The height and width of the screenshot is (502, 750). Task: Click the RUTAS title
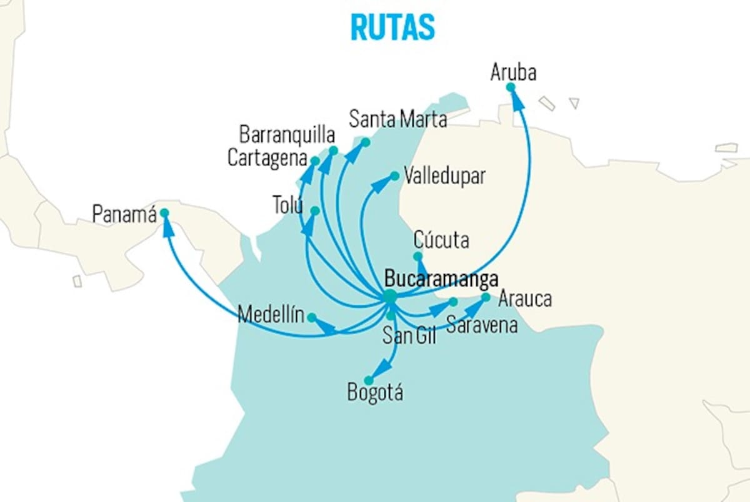tap(392, 27)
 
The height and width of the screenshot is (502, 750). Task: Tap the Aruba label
tap(513, 72)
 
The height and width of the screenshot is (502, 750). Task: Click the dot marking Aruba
tap(510, 87)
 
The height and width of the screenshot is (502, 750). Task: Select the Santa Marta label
tap(397, 119)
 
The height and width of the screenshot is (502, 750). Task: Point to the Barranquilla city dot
tap(333, 150)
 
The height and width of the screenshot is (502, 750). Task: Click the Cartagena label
tap(267, 158)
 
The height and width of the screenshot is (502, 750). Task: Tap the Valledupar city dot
tap(395, 176)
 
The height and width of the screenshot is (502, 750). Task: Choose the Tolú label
tap(288, 205)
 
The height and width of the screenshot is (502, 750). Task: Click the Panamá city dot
tap(164, 213)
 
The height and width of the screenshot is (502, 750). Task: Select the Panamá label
tap(124, 214)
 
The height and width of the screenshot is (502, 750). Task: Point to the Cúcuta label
tap(441, 240)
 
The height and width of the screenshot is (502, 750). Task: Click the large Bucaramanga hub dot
tap(390, 297)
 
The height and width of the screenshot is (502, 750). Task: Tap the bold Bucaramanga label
tap(441, 278)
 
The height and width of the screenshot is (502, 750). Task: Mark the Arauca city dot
tap(486, 297)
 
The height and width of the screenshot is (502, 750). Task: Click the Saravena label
tap(482, 325)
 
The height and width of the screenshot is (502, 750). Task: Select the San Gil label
tap(409, 335)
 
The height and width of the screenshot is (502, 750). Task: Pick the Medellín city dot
tap(312, 317)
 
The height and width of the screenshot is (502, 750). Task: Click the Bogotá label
tap(376, 392)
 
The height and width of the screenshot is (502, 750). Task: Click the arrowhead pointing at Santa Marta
tap(352, 154)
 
